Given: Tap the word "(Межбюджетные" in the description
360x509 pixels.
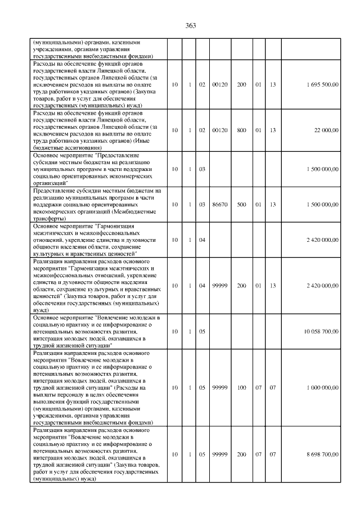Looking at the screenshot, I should (x=137, y=211).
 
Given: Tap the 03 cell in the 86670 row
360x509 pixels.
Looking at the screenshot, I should (x=201, y=204).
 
